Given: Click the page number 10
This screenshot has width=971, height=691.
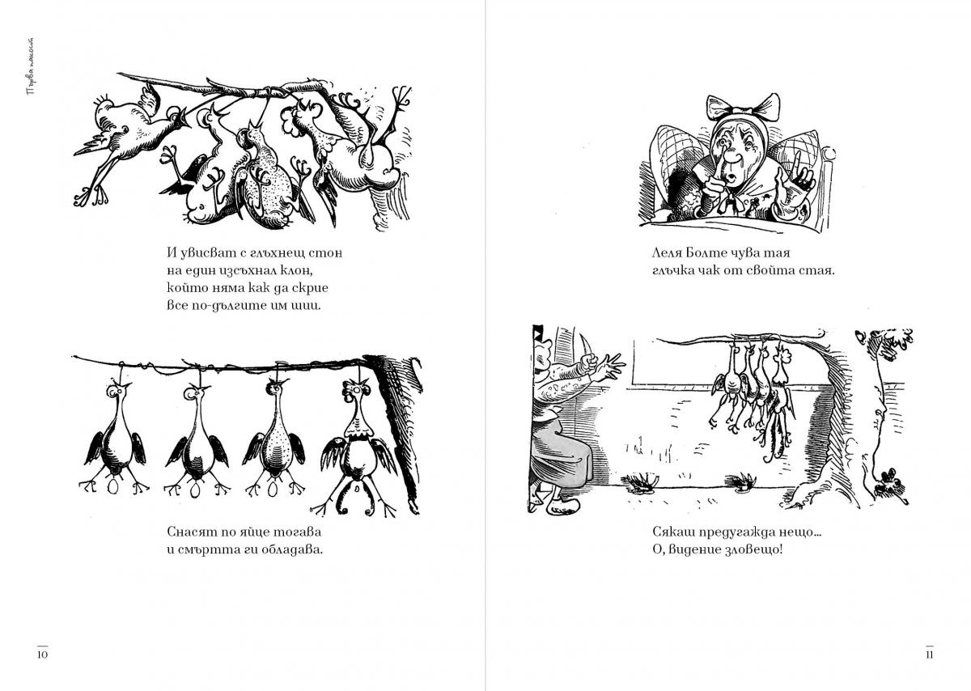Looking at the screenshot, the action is click(x=42, y=655).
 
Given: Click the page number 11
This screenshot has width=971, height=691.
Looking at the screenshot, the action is click(x=930, y=655).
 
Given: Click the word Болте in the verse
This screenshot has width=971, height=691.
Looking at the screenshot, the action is click(x=703, y=252).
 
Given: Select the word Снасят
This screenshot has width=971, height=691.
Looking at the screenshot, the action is click(x=192, y=532).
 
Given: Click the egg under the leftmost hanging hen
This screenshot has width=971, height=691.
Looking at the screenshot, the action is click(x=113, y=487).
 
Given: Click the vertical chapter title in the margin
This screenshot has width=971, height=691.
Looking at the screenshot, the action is click(x=31, y=67).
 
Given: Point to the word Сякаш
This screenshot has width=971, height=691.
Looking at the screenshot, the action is click(x=672, y=532).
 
